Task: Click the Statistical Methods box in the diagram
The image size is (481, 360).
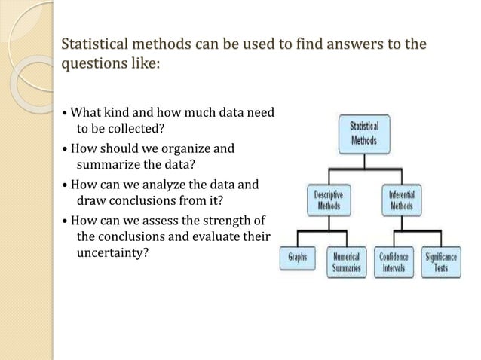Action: [x=365, y=133]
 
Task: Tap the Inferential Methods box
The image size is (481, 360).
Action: [x=401, y=200]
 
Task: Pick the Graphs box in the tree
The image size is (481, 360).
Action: [x=298, y=257]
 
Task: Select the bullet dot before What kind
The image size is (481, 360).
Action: [x=65, y=114]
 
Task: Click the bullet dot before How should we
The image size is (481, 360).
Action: [x=65, y=149]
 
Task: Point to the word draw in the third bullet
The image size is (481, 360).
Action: [x=90, y=201]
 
